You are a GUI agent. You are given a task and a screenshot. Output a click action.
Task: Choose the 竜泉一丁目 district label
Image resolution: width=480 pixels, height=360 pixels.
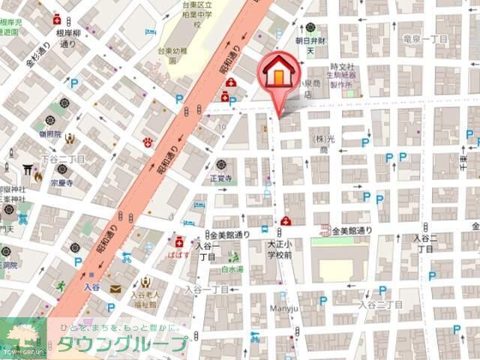(x=425, y=37)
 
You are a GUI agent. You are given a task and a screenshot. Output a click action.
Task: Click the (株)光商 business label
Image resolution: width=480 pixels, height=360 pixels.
(x=323, y=144)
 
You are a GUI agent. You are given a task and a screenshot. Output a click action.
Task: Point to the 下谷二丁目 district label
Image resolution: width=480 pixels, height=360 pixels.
(x=63, y=159)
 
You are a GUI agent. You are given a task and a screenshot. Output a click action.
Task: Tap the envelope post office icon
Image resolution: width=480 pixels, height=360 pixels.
(x=115, y=289)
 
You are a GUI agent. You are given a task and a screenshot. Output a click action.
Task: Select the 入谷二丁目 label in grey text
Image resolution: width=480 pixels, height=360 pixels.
(x=380, y=304)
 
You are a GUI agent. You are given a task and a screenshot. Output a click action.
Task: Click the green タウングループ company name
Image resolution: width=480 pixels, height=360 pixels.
(x=120, y=344)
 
